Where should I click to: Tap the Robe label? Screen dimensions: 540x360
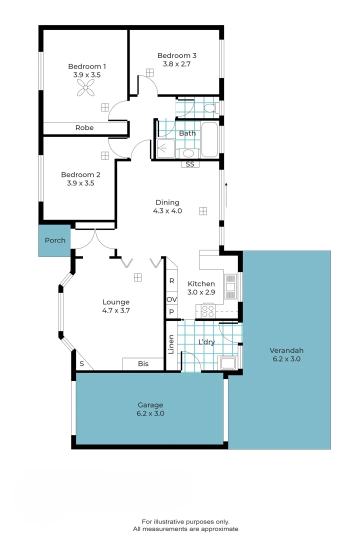coord(84,128)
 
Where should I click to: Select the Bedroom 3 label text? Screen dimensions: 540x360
coord(173,55)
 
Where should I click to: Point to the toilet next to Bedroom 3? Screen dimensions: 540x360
coord(210,108)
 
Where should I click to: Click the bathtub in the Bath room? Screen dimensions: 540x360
coord(209,139)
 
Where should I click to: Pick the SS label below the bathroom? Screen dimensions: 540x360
coord(190,164)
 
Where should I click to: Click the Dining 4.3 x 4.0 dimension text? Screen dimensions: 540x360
coord(167,211)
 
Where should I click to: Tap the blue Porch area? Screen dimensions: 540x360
coord(55,240)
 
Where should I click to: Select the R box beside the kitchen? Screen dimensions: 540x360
coord(171,281)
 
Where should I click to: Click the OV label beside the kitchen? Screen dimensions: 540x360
coord(171,299)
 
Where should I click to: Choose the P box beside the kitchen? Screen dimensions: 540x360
coord(171,312)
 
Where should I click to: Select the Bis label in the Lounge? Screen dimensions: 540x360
coord(143,364)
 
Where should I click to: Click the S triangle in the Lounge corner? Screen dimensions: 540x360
coord(81,364)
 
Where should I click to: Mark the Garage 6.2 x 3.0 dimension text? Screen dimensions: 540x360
coord(150,413)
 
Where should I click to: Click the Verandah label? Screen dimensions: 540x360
coord(286,350)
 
